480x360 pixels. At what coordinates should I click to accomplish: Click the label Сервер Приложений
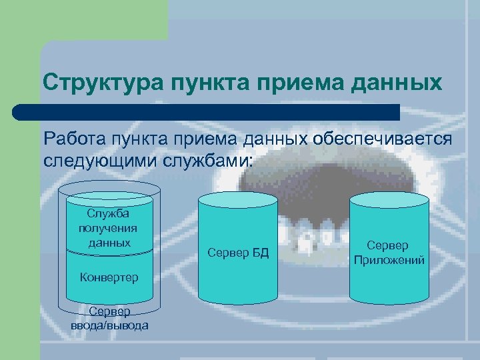pyautogui.click(x=390, y=253)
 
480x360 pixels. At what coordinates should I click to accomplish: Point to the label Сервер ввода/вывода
pyautogui.click(x=109, y=319)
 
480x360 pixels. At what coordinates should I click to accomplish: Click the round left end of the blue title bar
pyautogui.click(x=20, y=112)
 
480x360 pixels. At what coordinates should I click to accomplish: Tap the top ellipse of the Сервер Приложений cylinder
pyautogui.click(x=390, y=199)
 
